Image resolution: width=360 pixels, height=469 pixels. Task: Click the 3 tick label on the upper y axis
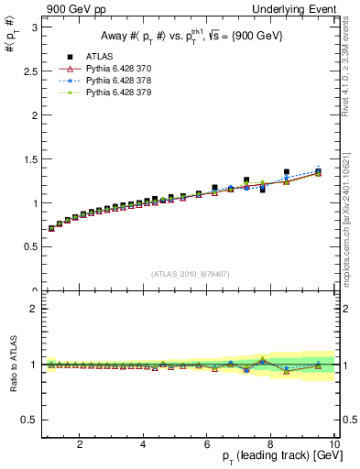tap(33, 27)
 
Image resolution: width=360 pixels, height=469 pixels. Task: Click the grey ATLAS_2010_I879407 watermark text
tap(191, 273)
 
